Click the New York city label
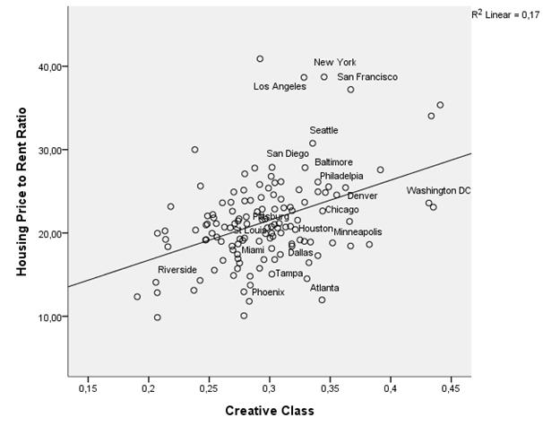click(335, 63)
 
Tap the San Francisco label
click(367, 78)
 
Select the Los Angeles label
click(280, 87)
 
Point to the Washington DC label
click(438, 191)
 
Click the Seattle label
click(323, 131)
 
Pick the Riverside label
click(177, 270)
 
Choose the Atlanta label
click(324, 288)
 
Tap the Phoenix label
click(268, 292)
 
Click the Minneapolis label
click(358, 232)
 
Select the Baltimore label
click(333, 162)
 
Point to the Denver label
click(362, 196)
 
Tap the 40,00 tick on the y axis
click(47, 66)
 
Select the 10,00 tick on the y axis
click(47, 317)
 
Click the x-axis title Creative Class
click(269, 412)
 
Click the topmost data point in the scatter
click(260, 59)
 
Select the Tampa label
click(289, 274)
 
